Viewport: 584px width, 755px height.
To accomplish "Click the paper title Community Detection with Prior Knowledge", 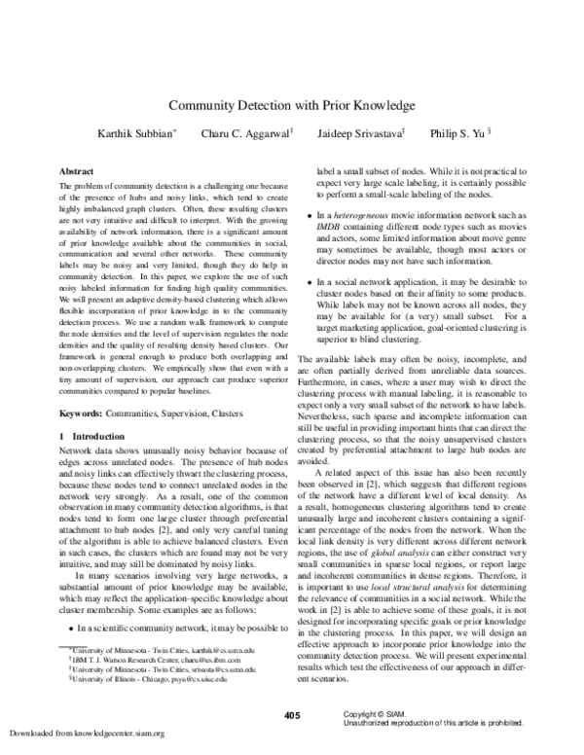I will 292,104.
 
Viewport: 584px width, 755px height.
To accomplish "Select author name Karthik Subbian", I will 138,133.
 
